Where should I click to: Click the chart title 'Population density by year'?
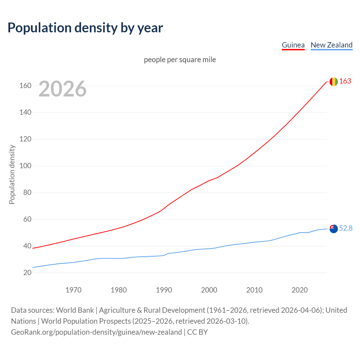85,28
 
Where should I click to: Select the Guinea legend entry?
293,45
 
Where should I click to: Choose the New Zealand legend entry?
331,45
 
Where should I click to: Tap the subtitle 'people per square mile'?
180,60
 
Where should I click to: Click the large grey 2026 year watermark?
62,89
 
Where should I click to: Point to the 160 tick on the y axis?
25,85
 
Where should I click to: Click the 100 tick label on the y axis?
25,166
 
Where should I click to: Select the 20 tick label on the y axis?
27,273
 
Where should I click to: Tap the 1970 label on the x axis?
73,290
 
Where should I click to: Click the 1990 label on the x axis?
164,290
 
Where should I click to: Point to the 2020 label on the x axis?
300,290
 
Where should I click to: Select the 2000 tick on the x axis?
209,290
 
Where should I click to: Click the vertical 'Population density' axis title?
12,174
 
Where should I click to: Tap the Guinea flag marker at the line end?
334,82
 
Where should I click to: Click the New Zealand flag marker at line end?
334,229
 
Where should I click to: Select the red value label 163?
345,81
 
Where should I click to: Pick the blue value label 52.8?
346,228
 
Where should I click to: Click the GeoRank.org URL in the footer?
96,332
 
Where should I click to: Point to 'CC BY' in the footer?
197,332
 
